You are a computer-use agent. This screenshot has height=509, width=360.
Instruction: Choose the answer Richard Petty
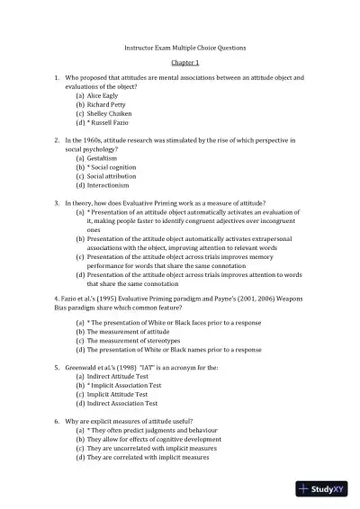click(108, 104)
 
